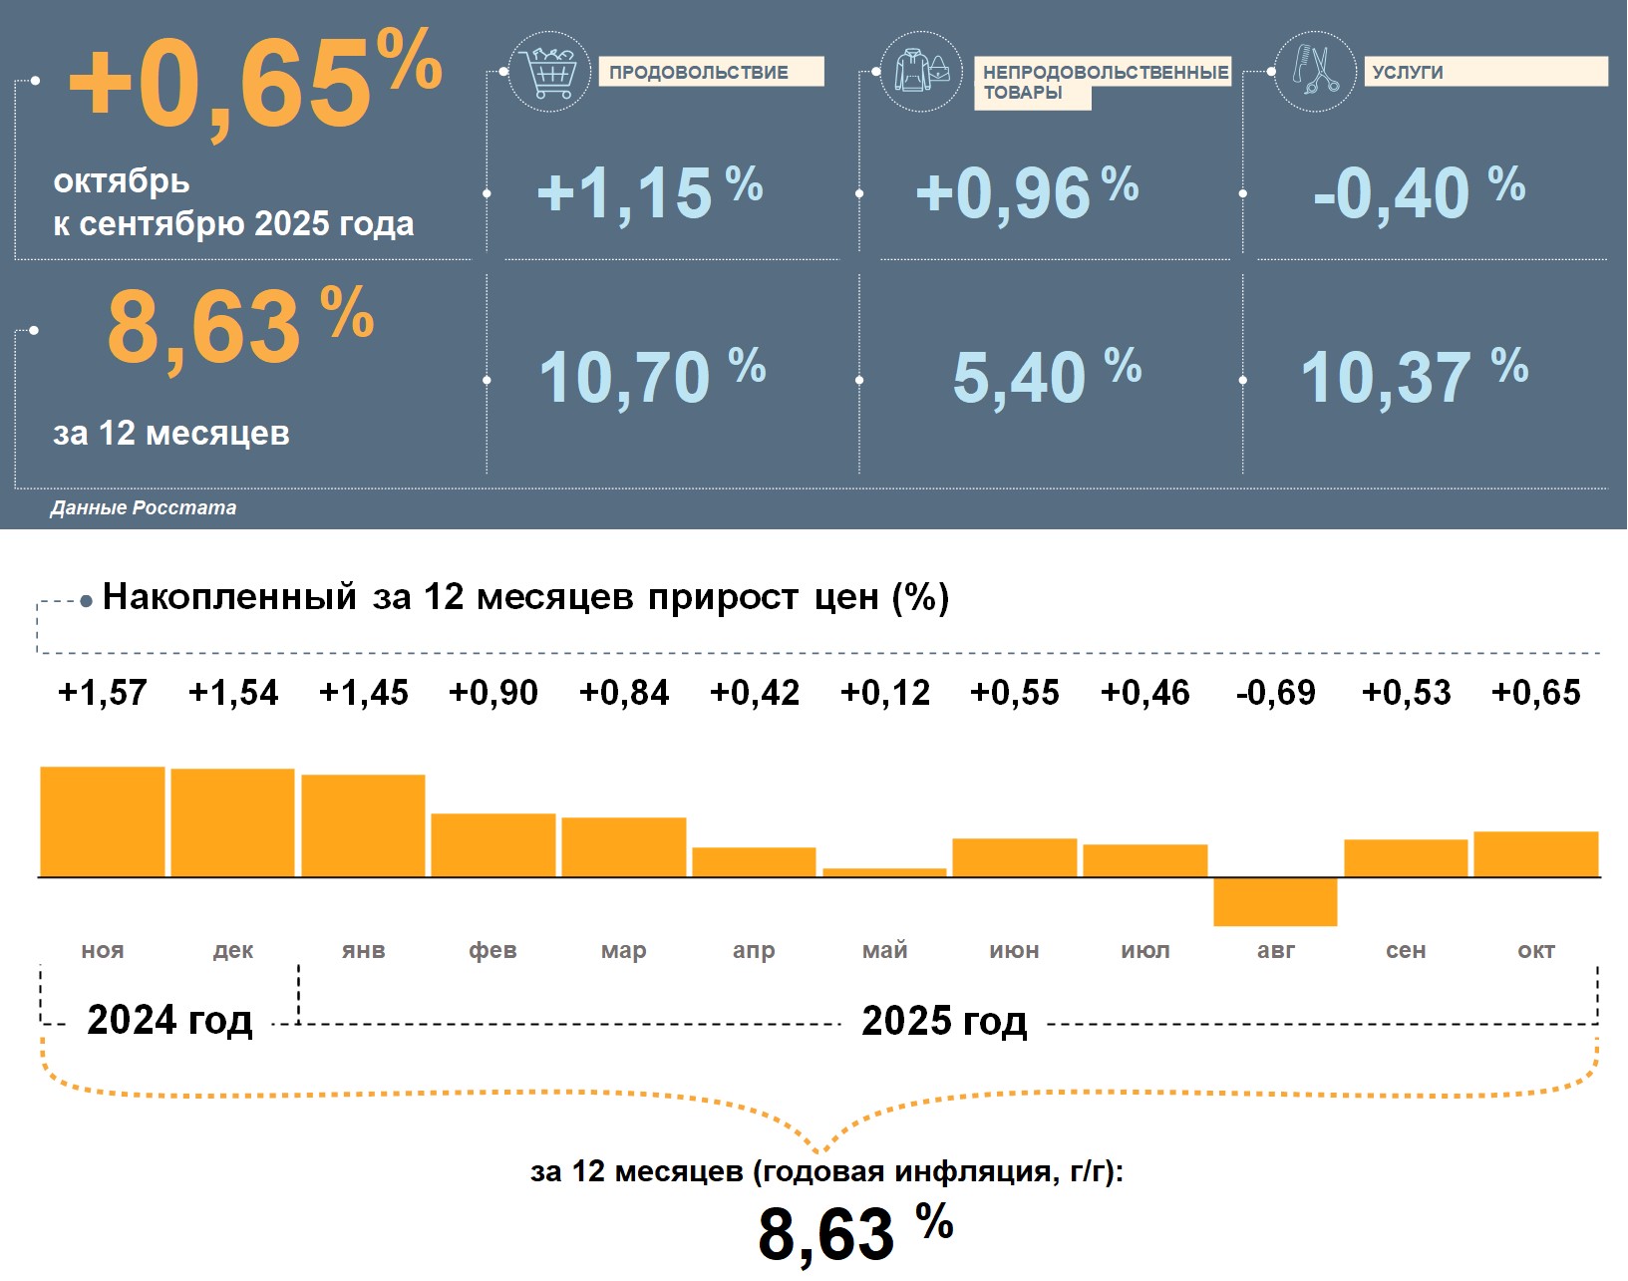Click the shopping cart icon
pos(549,71)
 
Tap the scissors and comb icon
pos(1315,71)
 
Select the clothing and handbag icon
pos(921,71)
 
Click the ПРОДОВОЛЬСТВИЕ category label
pos(710,72)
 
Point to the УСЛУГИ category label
pos(1484,72)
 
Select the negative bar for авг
pos(1275,901)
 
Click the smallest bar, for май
pos(884,872)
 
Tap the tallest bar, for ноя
pos(102,821)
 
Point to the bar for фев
pos(493,845)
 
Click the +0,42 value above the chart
pos(754,693)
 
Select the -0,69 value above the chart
pos(1275,693)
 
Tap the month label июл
pos(1144,951)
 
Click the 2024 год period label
pos(169,1021)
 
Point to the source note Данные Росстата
pos(144,508)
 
